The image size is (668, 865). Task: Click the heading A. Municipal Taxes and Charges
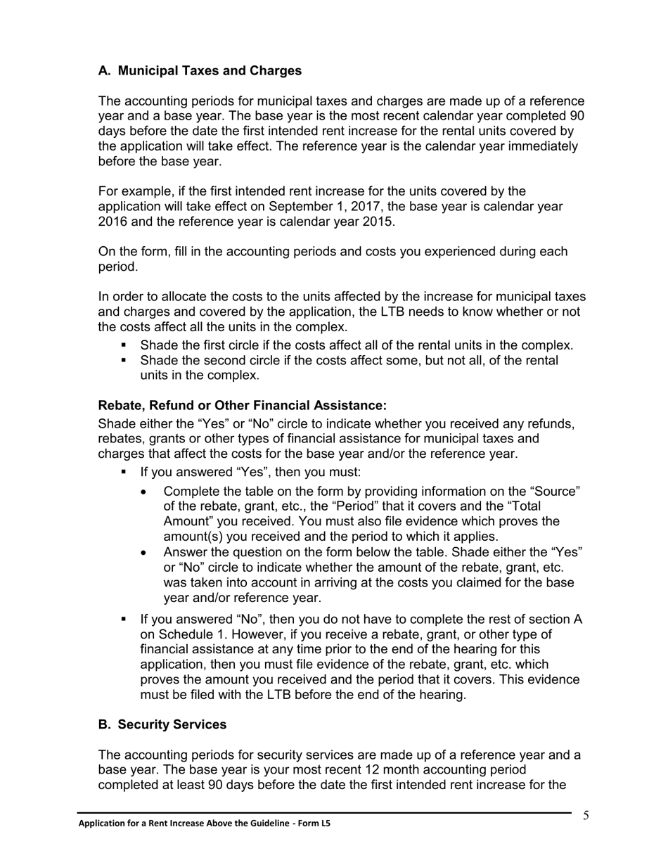200,70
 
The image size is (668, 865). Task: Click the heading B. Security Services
162,724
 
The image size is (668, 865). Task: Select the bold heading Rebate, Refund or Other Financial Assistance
243,406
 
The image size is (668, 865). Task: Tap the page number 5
586,816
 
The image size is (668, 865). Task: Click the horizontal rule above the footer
323,813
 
